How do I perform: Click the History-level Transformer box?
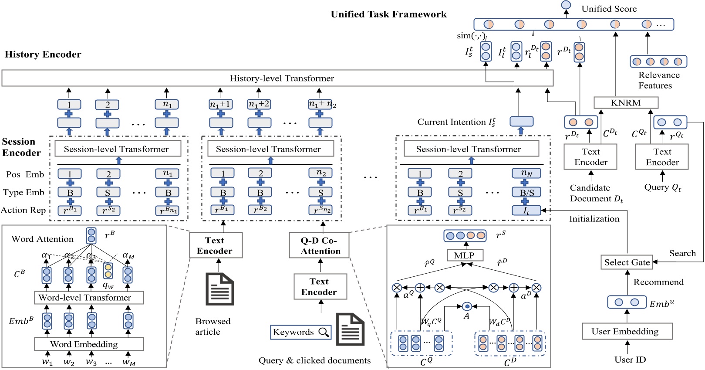coord(277,78)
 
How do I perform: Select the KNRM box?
coord(626,103)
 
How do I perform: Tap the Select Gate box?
coord(627,262)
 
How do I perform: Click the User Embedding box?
coord(627,332)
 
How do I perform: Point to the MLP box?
coord(465,255)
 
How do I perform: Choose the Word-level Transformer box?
coord(89,298)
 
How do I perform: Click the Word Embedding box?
coord(89,344)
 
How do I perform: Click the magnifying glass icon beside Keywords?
coord(324,333)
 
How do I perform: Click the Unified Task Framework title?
coord(388,14)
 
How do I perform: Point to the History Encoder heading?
coord(43,54)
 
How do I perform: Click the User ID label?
coord(630,360)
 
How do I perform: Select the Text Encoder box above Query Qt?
coord(661,157)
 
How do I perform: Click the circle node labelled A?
coord(467,306)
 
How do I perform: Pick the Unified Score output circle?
coord(566,5)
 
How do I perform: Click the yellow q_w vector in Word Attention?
coord(108,271)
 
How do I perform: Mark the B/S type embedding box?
coord(526,192)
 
